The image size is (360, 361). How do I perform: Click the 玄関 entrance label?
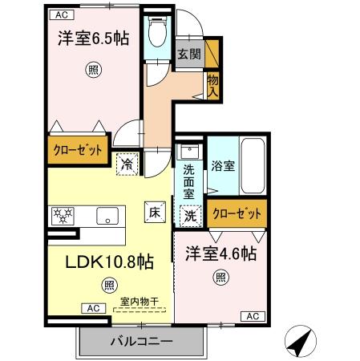pyautogui.click(x=189, y=55)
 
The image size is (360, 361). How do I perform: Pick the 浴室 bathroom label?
pyautogui.click(x=223, y=167)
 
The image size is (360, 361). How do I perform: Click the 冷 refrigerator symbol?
pyautogui.click(x=128, y=163)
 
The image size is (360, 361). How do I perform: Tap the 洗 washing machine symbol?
pyautogui.click(x=190, y=215)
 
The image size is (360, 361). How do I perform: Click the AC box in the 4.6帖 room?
pyautogui.click(x=250, y=315)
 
